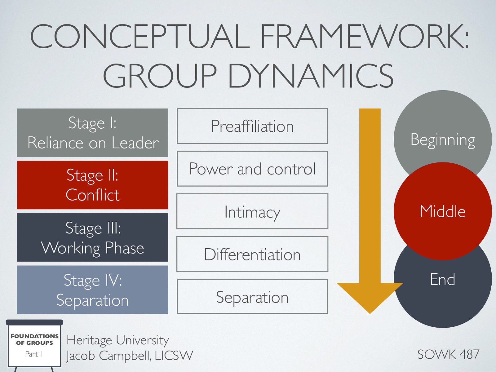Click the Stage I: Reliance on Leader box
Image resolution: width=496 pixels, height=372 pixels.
click(x=92, y=133)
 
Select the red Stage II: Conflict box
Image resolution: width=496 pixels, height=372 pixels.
click(x=92, y=185)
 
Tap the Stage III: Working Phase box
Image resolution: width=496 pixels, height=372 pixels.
click(x=92, y=237)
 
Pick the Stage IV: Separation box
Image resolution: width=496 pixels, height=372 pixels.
click(x=92, y=290)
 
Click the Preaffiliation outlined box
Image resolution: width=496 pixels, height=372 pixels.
click(x=252, y=126)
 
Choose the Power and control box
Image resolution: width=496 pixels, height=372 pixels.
click(x=252, y=169)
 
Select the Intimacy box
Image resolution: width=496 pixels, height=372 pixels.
click(x=252, y=212)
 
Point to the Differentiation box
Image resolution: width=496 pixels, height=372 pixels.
click(x=252, y=254)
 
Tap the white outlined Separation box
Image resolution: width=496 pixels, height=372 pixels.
click(x=252, y=297)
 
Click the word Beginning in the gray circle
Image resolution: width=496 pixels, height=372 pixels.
click(x=442, y=140)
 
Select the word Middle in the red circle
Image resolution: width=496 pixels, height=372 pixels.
click(x=442, y=211)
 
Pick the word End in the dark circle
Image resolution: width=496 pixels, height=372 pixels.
click(x=442, y=279)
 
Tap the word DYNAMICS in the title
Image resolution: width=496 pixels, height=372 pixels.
click(x=311, y=76)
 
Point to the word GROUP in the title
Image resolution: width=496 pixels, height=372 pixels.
click(x=160, y=76)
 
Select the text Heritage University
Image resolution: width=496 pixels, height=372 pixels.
click(x=117, y=340)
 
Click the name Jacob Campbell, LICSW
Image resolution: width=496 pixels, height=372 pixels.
click(x=130, y=356)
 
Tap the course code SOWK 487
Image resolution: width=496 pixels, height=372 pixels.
click(x=448, y=354)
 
